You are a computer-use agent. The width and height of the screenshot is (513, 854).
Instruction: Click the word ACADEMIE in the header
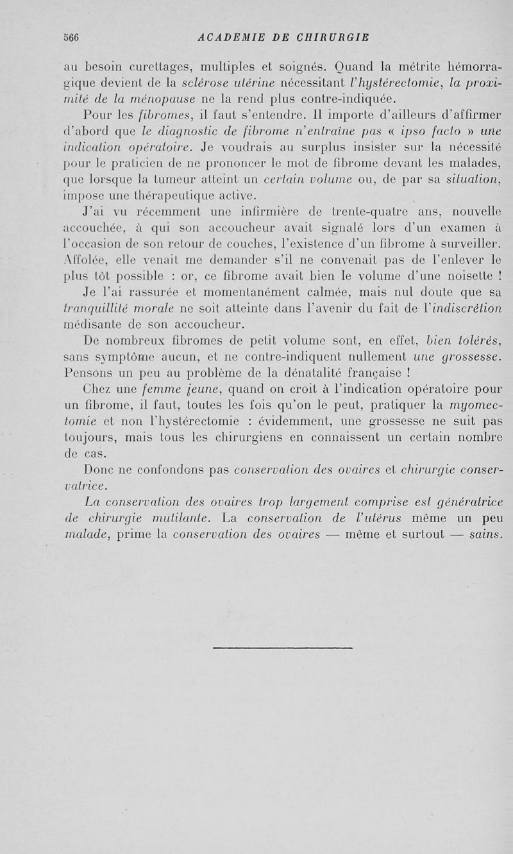tap(230, 37)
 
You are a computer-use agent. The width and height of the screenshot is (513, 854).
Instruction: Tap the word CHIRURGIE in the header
tap(334, 37)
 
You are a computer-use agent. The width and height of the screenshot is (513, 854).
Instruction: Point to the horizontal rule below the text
tap(282, 648)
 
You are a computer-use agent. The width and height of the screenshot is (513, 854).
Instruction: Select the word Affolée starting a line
tap(84, 262)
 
